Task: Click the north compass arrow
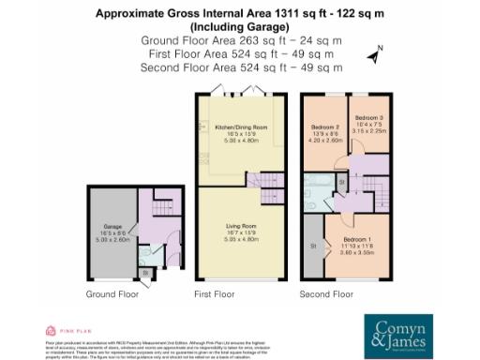pos(372,54)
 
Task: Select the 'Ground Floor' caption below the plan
pos(112,293)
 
